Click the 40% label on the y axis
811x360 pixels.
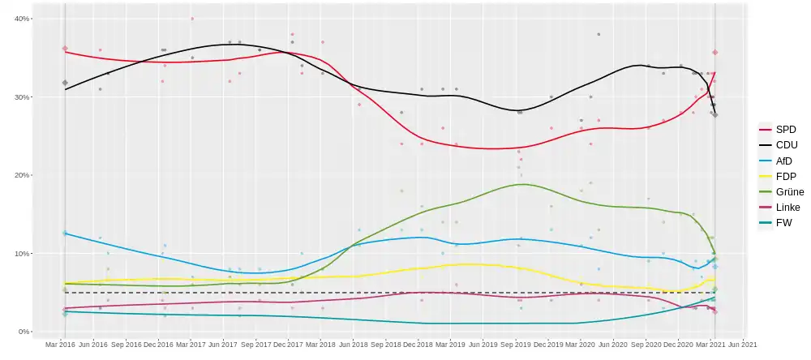tap(23, 19)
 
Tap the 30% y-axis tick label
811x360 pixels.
tap(23, 97)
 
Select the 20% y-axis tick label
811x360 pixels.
tap(23, 175)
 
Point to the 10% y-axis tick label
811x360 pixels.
tap(23, 254)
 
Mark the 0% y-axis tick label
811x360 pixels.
tap(25, 332)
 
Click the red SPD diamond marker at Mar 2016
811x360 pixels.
tap(65, 49)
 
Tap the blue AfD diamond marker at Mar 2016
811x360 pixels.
tap(65, 233)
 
